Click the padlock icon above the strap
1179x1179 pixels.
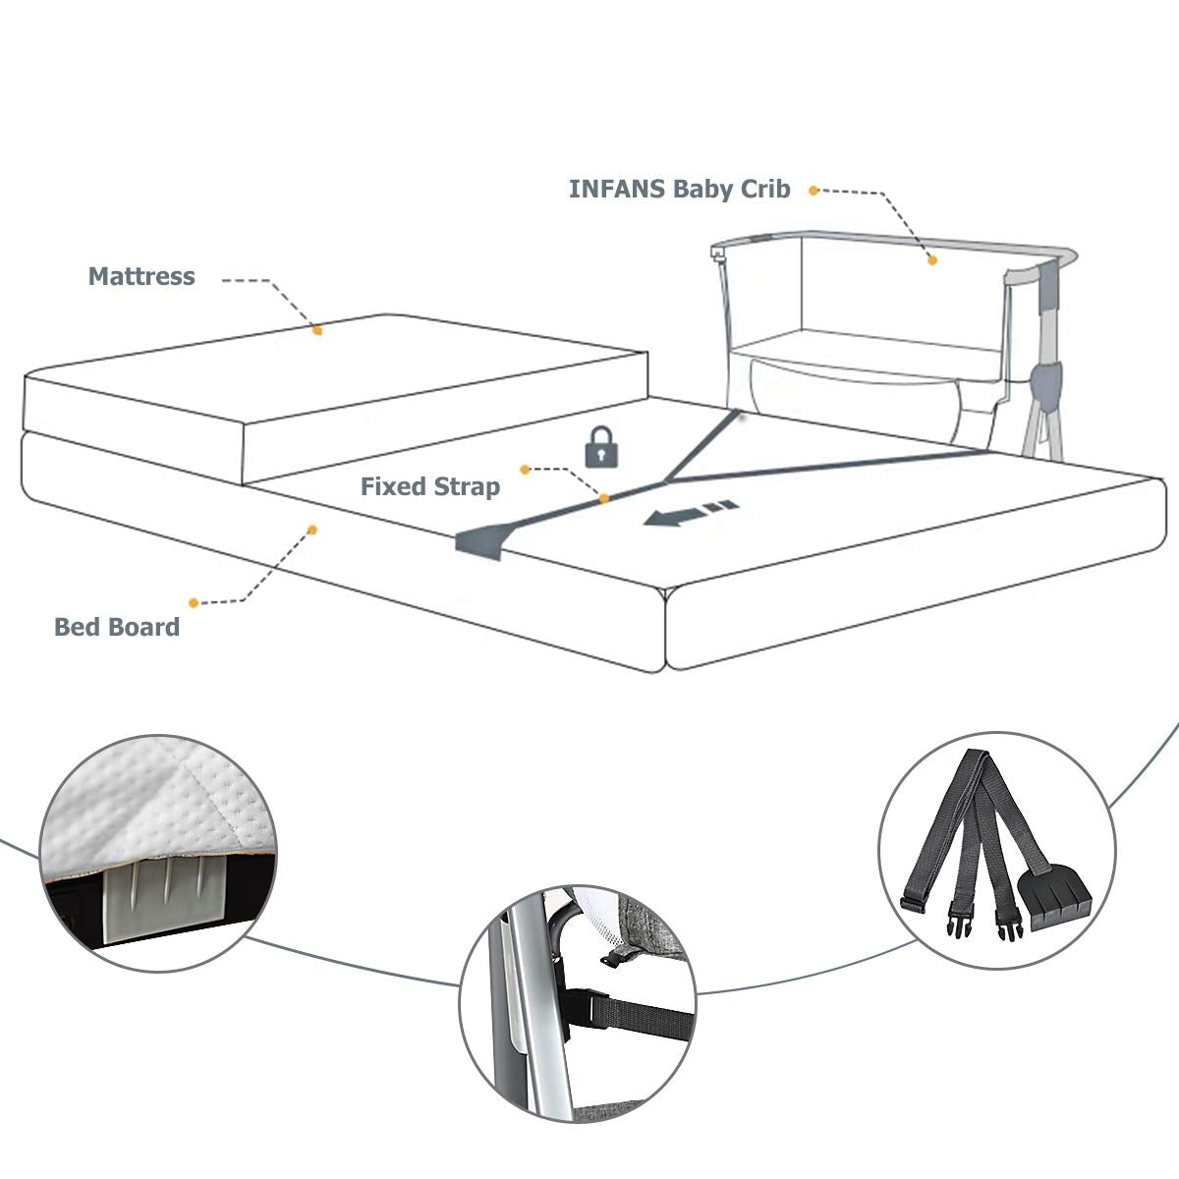coord(603,447)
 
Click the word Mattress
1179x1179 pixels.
coord(141,276)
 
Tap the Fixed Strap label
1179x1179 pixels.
coord(429,486)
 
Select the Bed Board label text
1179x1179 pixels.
coord(117,627)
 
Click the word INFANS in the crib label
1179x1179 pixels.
coord(616,190)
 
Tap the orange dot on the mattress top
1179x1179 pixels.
coord(317,331)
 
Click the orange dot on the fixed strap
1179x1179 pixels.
coord(604,499)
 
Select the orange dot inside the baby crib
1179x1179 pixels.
coord(932,260)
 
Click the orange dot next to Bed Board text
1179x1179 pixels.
coord(194,602)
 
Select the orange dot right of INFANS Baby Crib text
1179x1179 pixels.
coord(814,191)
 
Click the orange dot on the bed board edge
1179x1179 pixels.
coord(312,530)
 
